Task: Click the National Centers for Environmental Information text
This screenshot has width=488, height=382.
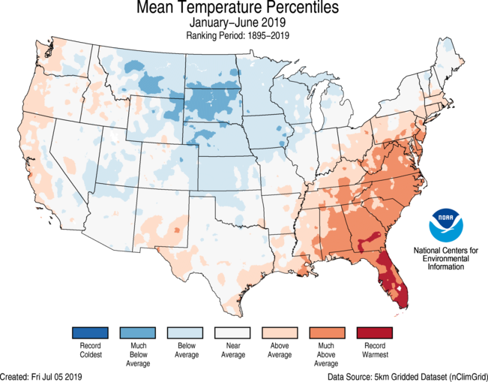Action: coord(446,257)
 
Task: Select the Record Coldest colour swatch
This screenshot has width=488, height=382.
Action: coord(91,332)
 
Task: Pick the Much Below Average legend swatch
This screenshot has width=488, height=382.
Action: coord(138,332)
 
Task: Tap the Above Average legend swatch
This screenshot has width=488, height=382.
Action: coord(279,332)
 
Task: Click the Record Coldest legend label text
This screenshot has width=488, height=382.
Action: coord(91,350)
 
